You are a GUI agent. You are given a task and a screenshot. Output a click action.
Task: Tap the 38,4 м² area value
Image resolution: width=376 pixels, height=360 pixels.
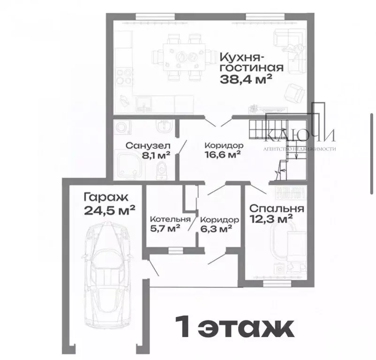click(246, 79)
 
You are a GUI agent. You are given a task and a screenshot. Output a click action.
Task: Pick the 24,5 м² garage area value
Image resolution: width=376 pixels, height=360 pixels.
click(110, 210)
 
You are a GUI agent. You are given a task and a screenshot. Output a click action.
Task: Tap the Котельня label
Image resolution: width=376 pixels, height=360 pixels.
click(170, 219)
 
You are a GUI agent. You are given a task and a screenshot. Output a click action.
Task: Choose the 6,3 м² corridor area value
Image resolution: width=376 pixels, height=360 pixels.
click(216, 229)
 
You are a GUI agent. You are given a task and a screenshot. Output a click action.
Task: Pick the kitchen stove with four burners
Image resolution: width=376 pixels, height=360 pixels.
click(126, 77)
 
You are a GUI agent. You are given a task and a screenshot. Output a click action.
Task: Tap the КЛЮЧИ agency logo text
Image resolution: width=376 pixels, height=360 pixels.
click(300, 136)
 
